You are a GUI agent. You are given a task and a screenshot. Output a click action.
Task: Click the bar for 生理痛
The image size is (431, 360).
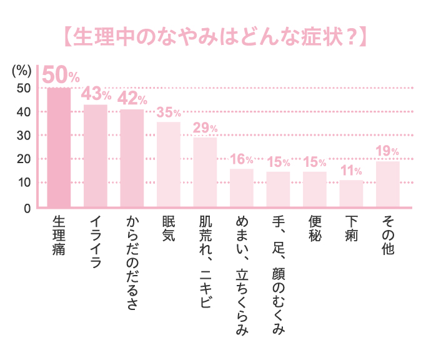click(59, 147)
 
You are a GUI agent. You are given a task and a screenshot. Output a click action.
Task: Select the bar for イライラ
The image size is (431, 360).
click(96, 156)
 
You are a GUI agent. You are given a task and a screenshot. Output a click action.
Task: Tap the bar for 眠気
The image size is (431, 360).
click(168, 164)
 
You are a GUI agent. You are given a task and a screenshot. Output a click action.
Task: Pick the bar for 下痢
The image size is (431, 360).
click(351, 194)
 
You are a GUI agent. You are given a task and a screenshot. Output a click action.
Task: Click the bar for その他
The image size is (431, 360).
click(387, 184)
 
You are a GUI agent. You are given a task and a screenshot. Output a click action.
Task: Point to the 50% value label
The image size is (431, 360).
click(61, 76)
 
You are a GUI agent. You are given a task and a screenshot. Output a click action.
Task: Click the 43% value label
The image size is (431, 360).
click(97, 94)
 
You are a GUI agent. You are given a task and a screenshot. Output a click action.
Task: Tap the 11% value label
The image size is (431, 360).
click(351, 171)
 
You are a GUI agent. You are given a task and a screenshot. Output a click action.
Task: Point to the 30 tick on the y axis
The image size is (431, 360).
click(23, 136)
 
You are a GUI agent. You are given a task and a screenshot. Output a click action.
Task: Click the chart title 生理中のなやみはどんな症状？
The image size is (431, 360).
click(215, 37)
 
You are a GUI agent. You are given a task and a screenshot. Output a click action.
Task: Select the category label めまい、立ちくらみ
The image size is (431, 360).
click(242, 276)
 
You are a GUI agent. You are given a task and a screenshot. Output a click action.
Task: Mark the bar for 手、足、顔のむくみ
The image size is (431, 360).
click(278, 189)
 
